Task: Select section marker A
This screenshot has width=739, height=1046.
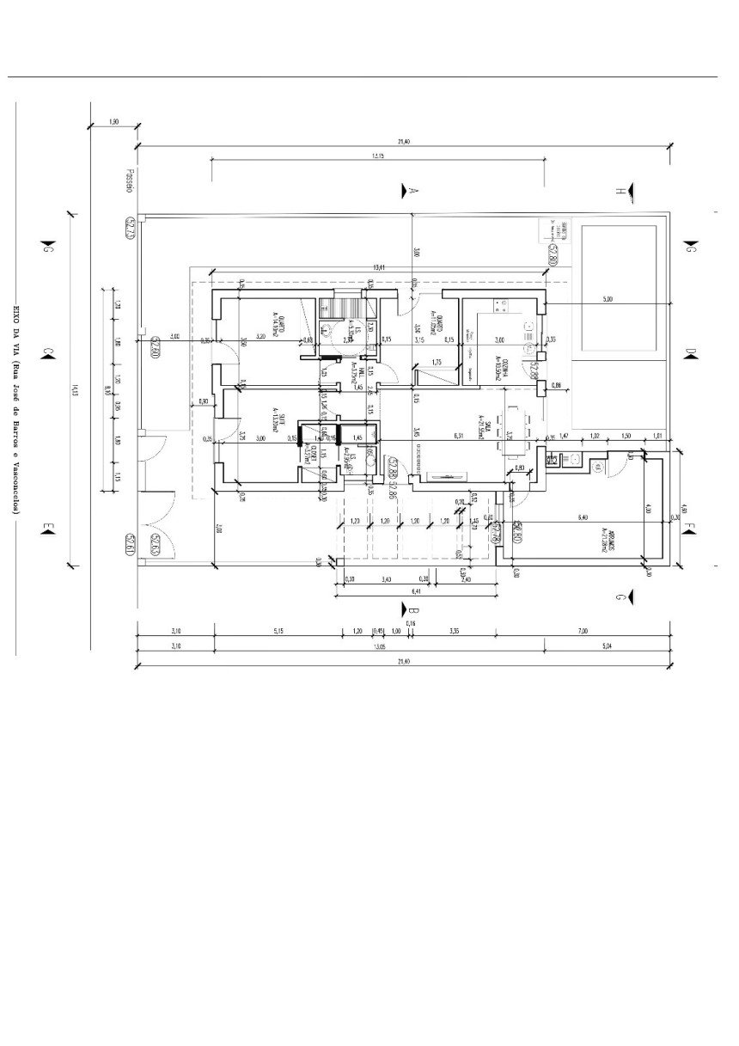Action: point(412,189)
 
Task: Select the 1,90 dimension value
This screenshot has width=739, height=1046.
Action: point(115,122)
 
